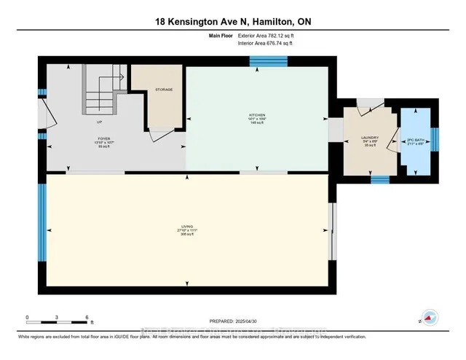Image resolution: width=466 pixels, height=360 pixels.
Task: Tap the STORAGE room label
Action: click(x=163, y=90)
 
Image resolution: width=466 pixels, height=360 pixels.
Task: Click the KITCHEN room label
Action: click(x=257, y=114)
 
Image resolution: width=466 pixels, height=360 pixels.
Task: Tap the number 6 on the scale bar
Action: click(x=87, y=318)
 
